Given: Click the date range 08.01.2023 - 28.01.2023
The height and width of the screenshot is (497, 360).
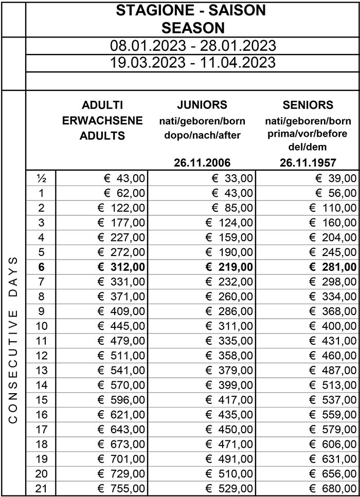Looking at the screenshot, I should pyautogui.click(x=193, y=45).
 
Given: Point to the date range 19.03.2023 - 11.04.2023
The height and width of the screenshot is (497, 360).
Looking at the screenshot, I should pyautogui.click(x=193, y=63).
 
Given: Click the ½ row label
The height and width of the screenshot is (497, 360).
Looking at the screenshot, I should pyautogui.click(x=41, y=178).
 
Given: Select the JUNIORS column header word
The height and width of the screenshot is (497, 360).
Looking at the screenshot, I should pyautogui.click(x=202, y=105).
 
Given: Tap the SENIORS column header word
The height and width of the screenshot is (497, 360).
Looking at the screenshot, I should pyautogui.click(x=308, y=105).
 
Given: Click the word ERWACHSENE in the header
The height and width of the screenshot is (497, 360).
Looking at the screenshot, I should pyautogui.click(x=102, y=121).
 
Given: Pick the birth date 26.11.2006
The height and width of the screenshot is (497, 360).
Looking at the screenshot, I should pyautogui.click(x=202, y=163).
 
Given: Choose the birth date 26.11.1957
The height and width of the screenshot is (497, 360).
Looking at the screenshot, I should pyautogui.click(x=308, y=163).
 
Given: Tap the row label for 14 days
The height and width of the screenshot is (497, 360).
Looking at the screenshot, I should pyautogui.click(x=41, y=399).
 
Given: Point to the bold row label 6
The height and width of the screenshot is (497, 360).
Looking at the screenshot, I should pyautogui.click(x=41, y=267).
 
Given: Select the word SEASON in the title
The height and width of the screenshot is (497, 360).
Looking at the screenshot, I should pyautogui.click(x=193, y=27).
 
